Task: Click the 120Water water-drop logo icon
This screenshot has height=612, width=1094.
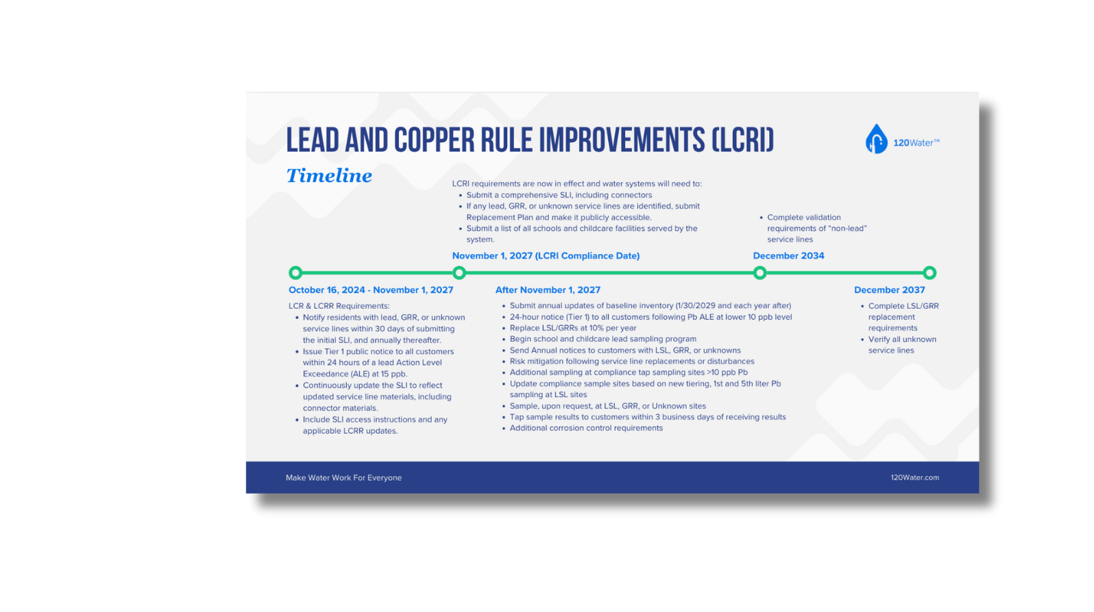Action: point(876,139)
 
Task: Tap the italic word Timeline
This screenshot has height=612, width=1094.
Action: point(329,176)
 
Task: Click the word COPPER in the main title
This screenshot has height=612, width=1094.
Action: point(434,140)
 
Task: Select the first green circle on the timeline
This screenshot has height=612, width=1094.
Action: point(295,273)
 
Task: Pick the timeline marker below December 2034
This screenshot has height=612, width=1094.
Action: point(759,273)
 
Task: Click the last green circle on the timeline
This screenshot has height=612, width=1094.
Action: point(930,273)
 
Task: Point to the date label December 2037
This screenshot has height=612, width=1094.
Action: point(889,290)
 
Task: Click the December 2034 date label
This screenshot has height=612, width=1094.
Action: point(788,256)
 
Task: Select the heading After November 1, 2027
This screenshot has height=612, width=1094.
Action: point(548,290)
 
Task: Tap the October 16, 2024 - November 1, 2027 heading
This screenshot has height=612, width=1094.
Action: point(371,290)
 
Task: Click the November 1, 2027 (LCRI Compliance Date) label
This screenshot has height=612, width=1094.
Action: point(546,256)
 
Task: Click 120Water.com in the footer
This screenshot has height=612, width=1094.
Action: point(915,478)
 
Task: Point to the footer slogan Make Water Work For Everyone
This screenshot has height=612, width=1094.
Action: point(344,478)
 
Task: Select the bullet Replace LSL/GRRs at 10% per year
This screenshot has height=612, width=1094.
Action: point(573,328)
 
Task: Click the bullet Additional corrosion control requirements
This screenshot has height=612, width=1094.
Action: point(586,428)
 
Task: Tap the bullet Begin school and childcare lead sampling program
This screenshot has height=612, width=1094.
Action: point(603,339)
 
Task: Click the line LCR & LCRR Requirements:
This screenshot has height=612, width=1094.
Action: point(339,306)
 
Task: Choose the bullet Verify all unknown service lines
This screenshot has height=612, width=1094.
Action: point(902,344)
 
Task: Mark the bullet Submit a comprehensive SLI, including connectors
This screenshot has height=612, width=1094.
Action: point(559,195)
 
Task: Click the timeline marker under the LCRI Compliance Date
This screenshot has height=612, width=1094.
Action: point(459,273)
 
